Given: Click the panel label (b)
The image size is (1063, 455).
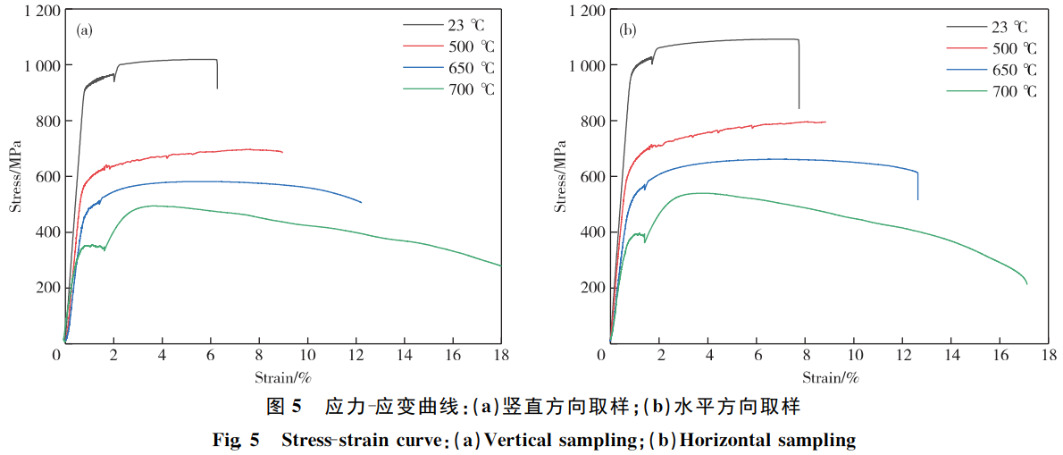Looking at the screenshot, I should click(x=628, y=30).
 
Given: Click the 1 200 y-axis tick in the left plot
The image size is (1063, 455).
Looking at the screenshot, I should click(x=37, y=11).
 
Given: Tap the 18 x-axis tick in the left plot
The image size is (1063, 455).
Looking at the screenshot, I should click(x=500, y=356).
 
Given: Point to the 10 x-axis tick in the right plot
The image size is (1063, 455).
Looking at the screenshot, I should click(x=854, y=356).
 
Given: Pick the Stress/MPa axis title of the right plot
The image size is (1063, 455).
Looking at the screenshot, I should click(x=560, y=175).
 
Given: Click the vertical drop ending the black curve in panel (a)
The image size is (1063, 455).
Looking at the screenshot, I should click(x=217, y=74).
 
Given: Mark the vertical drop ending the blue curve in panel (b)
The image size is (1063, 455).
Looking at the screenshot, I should click(x=917, y=186).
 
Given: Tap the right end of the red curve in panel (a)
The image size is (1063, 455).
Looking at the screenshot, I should click(x=282, y=152).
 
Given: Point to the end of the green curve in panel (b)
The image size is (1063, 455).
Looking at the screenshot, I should click(x=1026, y=283).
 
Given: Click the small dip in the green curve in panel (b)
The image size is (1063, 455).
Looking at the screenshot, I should click(x=645, y=240).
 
